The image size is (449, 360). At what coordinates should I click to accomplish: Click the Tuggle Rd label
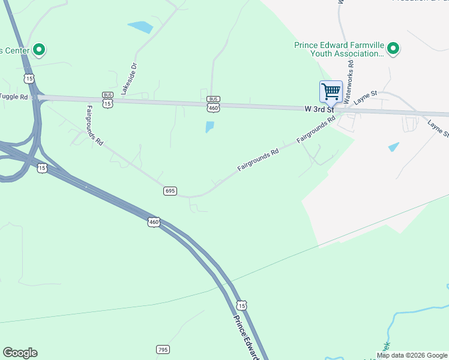pyautogui.click(x=14, y=97)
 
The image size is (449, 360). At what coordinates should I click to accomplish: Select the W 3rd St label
pyautogui.click(x=319, y=109)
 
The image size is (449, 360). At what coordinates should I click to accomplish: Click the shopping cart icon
pyautogui.click(x=331, y=92)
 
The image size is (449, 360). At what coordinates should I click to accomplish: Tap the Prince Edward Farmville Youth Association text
pyautogui.click(x=338, y=49)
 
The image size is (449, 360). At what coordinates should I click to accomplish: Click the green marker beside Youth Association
pyautogui.click(x=393, y=48)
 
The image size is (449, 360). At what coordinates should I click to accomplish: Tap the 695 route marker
pyautogui.click(x=170, y=191)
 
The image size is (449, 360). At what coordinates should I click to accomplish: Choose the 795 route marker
pyautogui.click(x=163, y=349)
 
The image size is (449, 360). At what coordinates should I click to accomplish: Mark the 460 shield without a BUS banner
pyautogui.click(x=154, y=222)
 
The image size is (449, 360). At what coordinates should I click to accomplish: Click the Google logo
pyautogui.click(x=20, y=353)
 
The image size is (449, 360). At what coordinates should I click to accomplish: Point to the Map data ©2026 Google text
pyautogui.click(x=412, y=355)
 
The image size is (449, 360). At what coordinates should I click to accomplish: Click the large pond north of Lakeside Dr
pyautogui.click(x=140, y=27)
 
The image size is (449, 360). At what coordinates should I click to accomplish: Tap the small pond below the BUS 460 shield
pyautogui.click(x=209, y=127)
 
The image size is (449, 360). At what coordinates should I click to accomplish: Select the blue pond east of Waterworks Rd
pyautogui.click(x=393, y=146)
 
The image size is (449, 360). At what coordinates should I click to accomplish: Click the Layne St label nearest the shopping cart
pyautogui.click(x=365, y=98)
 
